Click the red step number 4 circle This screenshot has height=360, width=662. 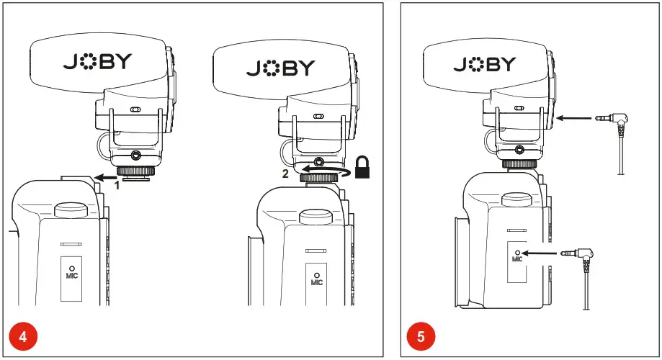pos(22,336)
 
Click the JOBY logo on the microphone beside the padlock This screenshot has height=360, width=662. pos(281,68)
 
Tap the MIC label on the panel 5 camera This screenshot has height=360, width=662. pos(516,258)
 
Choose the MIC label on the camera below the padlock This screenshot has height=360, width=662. pos(317,282)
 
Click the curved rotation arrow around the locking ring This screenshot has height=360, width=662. pos(317,171)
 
